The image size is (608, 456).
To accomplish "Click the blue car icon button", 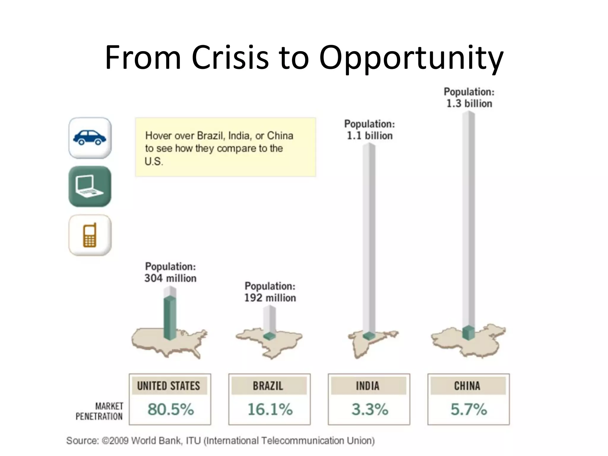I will click(90, 138).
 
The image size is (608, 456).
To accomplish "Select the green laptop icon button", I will click(90, 186).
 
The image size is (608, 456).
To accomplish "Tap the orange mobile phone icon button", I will click(90, 235).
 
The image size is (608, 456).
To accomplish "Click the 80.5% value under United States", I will click(170, 409).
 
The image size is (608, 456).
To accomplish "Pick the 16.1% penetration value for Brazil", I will click(270, 409).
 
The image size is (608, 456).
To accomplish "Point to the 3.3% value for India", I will click(369, 409).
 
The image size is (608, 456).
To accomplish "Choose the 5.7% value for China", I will click(468, 409).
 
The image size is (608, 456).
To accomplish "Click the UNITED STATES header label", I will click(169, 386).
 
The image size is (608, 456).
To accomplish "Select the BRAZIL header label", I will click(268, 386).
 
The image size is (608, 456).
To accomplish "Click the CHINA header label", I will click(467, 386).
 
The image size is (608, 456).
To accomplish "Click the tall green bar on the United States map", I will click(170, 318).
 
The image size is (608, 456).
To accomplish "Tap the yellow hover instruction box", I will click(226, 147).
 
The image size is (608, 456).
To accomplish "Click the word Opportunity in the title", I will click(411, 58).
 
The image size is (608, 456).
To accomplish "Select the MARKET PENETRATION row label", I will click(100, 411).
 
